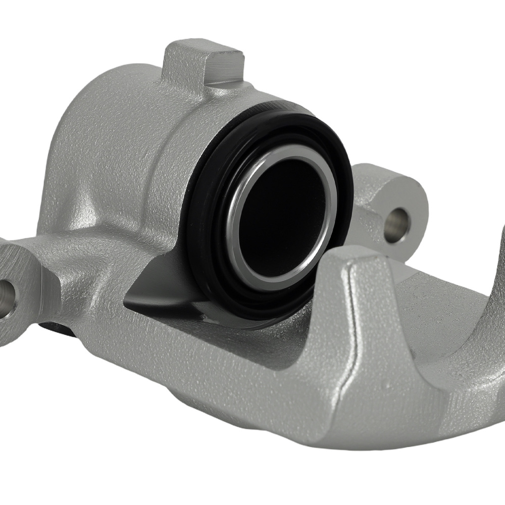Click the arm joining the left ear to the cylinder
click(x=76, y=258)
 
